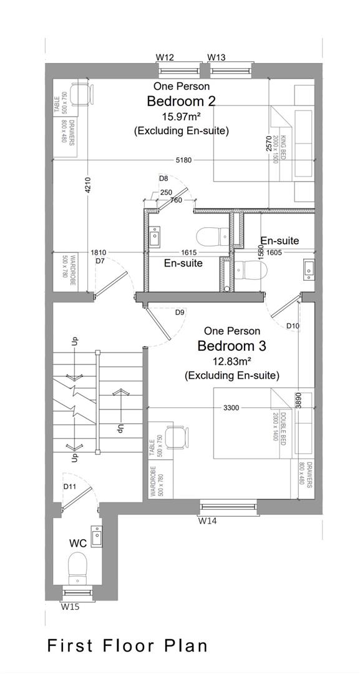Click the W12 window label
coord(165,57)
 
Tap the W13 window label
coord(216,57)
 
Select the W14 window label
coord(208,520)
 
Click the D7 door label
coord(99,261)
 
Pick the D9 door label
coord(180,312)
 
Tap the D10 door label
coord(293,326)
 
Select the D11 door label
coord(70,486)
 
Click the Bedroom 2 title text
coord(181,101)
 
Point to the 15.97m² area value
coord(181,117)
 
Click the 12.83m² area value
coord(231,361)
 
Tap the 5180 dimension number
coord(183,160)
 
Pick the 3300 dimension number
coord(231,408)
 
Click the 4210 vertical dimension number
coord(87,185)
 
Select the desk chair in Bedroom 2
coord(82,94)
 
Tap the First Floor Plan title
coord(127,645)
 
